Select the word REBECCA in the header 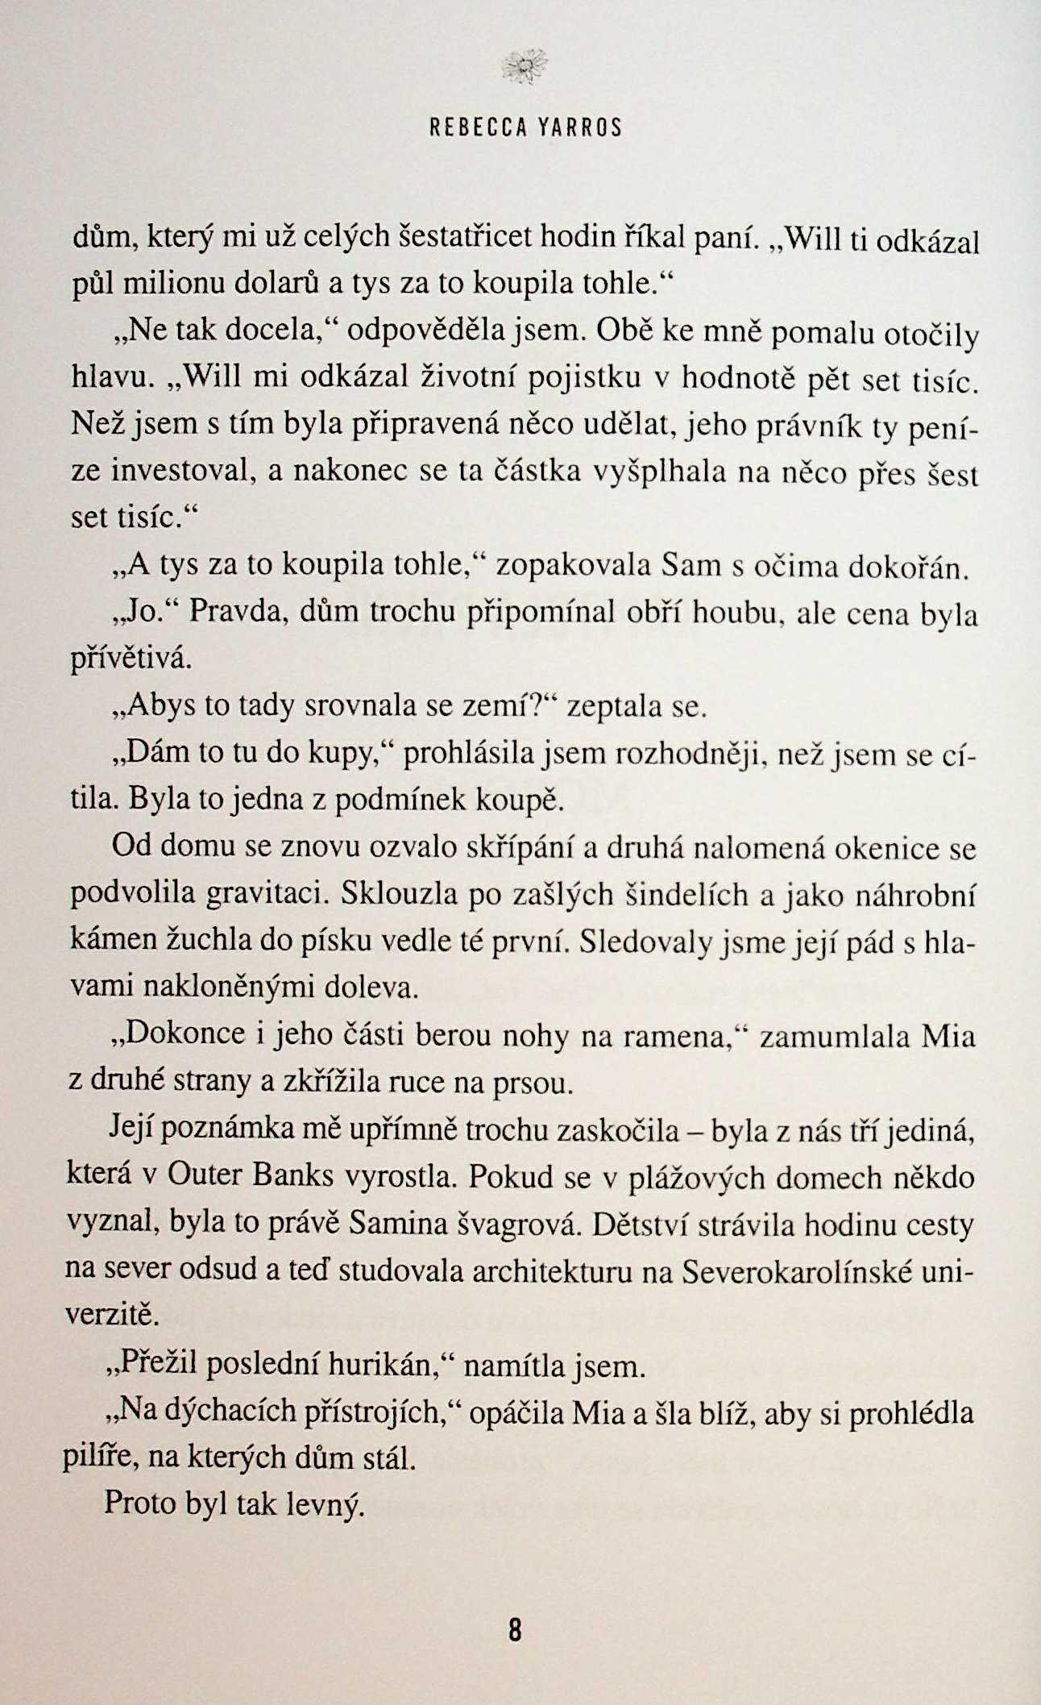tap(475, 128)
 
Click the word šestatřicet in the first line tap(467, 235)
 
